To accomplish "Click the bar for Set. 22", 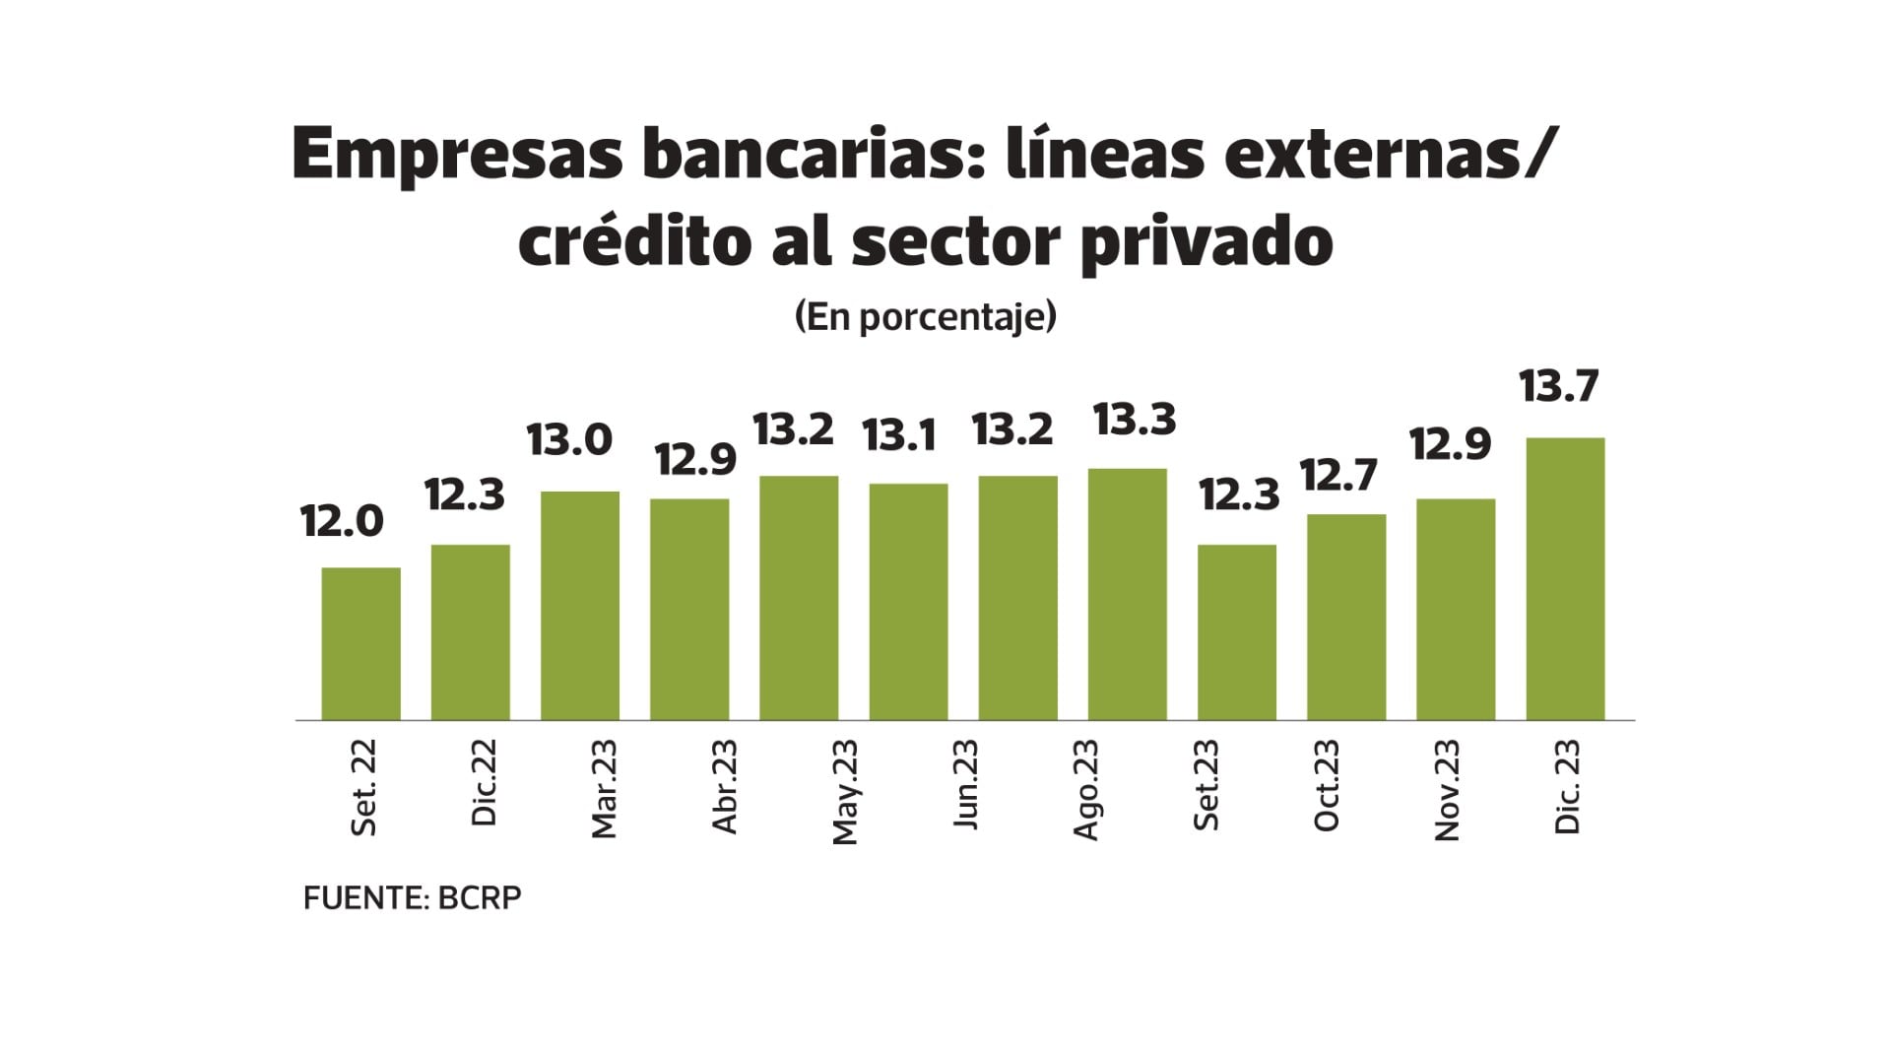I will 360,643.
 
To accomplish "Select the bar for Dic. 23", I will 1565,578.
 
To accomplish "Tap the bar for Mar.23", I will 580,605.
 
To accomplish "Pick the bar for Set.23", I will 1236,631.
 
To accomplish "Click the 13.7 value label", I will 1558,386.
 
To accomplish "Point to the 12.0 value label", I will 342,521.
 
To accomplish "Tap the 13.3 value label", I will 1135,421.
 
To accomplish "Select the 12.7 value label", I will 1338,477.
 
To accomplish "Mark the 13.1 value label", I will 899,435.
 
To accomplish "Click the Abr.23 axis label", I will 725,787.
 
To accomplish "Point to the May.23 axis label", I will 845,792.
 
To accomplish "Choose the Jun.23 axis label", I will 966,785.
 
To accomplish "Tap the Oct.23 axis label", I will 1327,786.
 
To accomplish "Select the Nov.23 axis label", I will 1447,790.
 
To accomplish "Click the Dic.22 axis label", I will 485,784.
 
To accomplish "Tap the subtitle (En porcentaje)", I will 925,317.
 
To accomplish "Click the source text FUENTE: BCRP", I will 412,898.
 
